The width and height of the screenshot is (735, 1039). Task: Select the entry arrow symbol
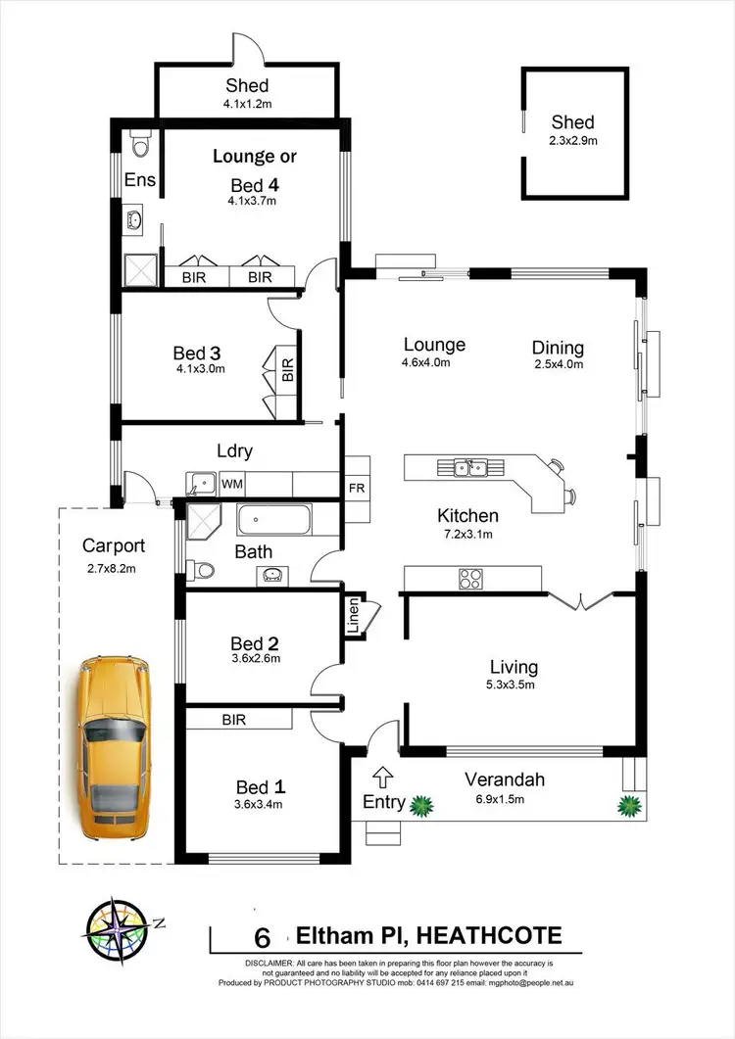coord(384,778)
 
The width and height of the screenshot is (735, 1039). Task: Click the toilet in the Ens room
coord(137,147)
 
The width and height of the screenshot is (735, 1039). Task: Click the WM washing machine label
coord(231,484)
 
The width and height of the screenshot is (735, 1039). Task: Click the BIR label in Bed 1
coord(233,720)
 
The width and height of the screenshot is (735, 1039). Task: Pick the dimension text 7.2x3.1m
coord(468,535)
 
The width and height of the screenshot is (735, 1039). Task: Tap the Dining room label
coord(558,348)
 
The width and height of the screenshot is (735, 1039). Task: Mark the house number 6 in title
coord(262,937)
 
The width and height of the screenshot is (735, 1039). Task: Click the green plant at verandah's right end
coord(627,806)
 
